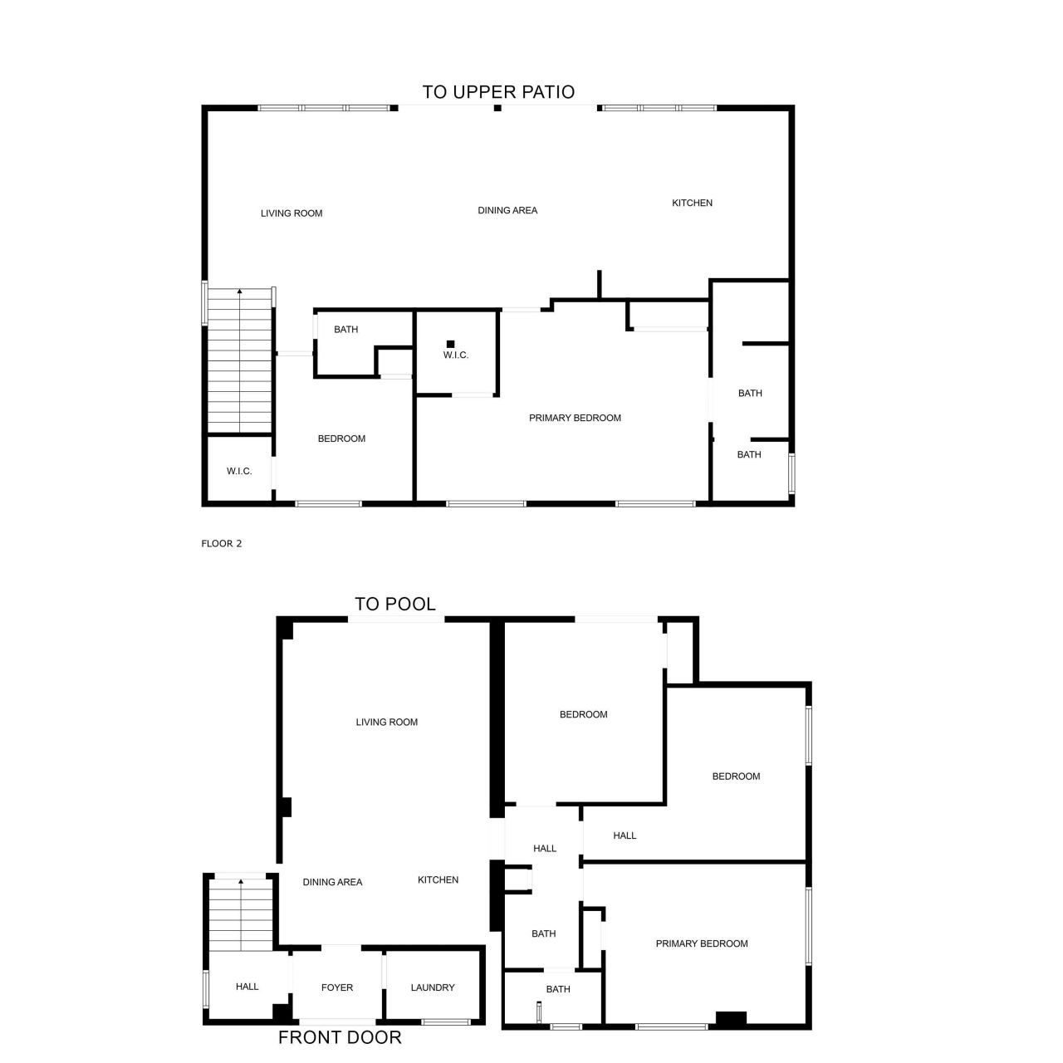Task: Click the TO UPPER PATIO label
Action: tap(498, 91)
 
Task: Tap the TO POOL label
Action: tap(395, 604)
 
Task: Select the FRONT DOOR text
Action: tap(340, 1037)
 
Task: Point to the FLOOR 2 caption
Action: tap(222, 544)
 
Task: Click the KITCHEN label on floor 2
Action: tap(692, 203)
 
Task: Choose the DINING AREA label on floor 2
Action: tap(507, 210)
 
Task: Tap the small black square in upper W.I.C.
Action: tap(451, 344)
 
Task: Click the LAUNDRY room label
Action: tap(433, 987)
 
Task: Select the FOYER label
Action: tap(337, 987)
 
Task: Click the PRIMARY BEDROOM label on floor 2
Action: tap(575, 418)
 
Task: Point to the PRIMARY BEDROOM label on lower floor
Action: tap(702, 943)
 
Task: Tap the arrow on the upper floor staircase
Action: tap(240, 291)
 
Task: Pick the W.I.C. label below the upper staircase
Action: tap(239, 472)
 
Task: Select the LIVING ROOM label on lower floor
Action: tap(387, 722)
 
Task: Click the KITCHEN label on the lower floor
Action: tap(438, 879)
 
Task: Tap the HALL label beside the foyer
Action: tap(247, 987)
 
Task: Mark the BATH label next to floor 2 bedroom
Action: tap(345, 330)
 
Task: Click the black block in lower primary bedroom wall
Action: tap(731, 1019)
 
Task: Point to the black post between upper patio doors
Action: tap(497, 107)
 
